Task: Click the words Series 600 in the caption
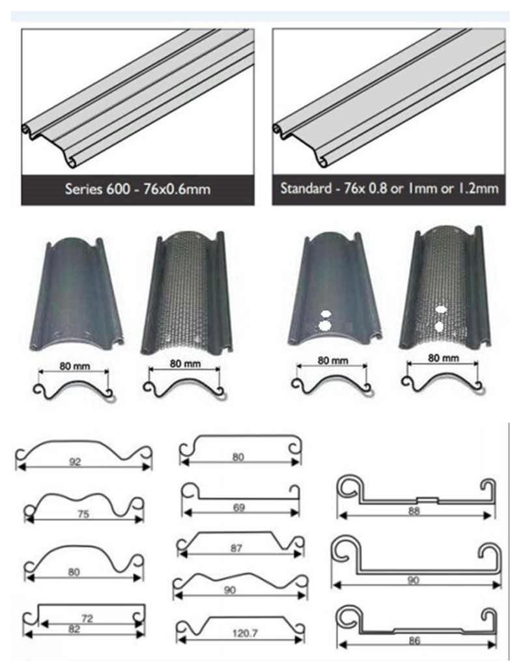pyautogui.click(x=91, y=190)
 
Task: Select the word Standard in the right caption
pyautogui.click(x=304, y=189)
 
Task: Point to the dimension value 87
pyautogui.click(x=236, y=549)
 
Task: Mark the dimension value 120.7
pyautogui.click(x=240, y=632)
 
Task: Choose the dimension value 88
pyautogui.click(x=413, y=511)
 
